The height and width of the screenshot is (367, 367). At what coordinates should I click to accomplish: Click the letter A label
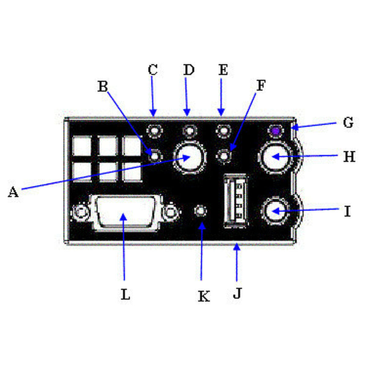(13, 192)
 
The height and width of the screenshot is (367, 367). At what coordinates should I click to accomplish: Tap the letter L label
(125, 295)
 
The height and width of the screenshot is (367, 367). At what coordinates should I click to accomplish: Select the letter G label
(348, 123)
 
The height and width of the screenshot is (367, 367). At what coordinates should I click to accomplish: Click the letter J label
(237, 293)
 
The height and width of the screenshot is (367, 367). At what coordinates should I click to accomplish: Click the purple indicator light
(276, 131)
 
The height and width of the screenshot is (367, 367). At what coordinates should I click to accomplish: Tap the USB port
(235, 201)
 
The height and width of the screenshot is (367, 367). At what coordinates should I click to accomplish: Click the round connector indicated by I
(275, 211)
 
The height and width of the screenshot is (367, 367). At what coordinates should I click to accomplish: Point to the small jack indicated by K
(201, 211)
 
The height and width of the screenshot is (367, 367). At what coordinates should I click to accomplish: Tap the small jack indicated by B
(155, 156)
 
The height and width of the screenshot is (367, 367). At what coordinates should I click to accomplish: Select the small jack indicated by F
(224, 156)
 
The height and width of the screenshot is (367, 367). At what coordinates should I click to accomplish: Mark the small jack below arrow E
(223, 131)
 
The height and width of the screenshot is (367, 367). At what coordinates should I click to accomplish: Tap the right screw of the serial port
(171, 212)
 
